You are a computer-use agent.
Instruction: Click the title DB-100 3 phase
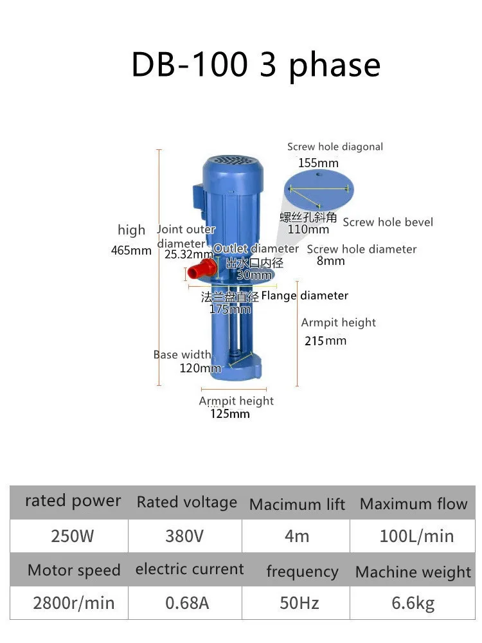coord(256,65)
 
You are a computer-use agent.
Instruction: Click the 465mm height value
coord(131,251)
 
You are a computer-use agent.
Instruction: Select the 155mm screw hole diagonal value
coord(317,163)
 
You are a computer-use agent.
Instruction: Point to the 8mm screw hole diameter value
coord(330,261)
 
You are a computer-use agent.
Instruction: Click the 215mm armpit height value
coord(325,341)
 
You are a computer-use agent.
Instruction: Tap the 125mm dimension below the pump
coord(230,413)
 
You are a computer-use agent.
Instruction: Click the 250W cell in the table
coord(72,536)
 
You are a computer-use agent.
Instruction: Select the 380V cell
coord(184,536)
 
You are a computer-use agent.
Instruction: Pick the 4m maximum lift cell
coord(296,536)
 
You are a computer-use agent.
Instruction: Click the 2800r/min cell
coord(73,602)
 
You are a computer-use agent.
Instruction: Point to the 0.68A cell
coord(184,602)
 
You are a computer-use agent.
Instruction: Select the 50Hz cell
coord(299,602)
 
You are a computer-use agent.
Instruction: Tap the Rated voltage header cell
coord(186,502)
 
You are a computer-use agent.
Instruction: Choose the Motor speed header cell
coord(74,570)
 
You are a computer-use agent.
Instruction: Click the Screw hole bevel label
coord(388,222)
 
